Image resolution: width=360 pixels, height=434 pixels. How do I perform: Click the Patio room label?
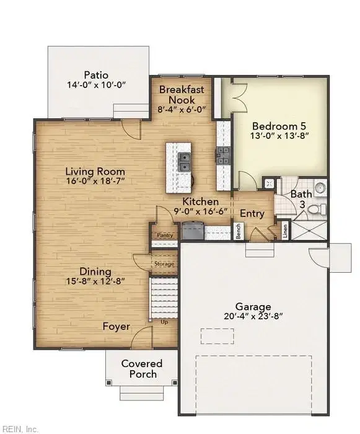[96, 75]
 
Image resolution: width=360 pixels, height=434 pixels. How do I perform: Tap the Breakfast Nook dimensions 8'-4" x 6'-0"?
[182, 109]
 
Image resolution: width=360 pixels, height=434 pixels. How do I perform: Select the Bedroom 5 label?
[279, 126]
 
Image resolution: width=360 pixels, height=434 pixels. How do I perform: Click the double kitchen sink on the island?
[184, 162]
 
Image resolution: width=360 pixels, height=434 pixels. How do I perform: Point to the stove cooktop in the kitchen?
[223, 156]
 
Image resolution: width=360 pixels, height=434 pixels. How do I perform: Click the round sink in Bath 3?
[320, 188]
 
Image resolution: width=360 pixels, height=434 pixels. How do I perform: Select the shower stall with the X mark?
[309, 230]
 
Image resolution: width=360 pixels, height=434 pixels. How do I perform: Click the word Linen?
[285, 231]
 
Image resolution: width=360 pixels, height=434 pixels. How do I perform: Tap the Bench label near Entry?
[239, 231]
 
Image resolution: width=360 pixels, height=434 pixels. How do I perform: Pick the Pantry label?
[165, 235]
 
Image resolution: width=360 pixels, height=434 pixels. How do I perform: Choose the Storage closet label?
[164, 263]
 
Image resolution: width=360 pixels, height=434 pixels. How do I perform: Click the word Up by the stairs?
[164, 322]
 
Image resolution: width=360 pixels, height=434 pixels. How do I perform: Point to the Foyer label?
[116, 326]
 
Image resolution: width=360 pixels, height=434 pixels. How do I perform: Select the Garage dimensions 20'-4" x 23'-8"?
[253, 316]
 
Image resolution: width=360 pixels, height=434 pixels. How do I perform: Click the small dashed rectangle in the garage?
[217, 336]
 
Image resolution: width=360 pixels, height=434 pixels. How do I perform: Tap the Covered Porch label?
[142, 369]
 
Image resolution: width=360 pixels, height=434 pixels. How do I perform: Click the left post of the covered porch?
[109, 383]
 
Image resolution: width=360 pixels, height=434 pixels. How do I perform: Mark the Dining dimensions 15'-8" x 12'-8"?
[95, 281]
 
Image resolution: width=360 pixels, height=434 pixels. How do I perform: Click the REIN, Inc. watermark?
[19, 429]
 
